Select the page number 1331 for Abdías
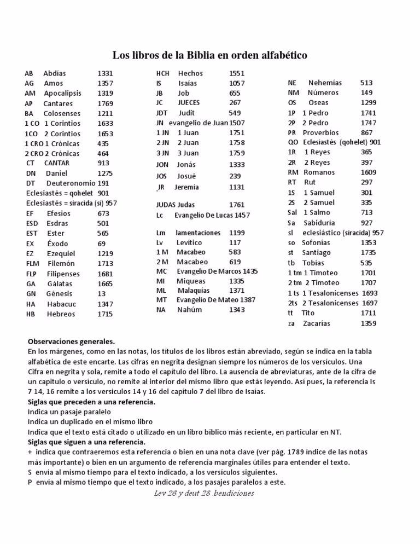point(105,73)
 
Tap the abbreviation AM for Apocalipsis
point(30,93)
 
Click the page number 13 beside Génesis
point(102,293)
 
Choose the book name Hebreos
point(61,314)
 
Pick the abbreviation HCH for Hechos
point(163,73)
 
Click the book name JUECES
point(189,102)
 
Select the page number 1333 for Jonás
point(237,164)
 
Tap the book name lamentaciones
point(198,233)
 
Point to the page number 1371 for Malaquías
point(237,290)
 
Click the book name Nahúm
point(189,310)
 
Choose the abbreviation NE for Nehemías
point(292,83)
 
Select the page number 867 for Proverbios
point(367,132)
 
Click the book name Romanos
point(319,172)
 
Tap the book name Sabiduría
point(323,223)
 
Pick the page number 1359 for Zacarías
point(369,323)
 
